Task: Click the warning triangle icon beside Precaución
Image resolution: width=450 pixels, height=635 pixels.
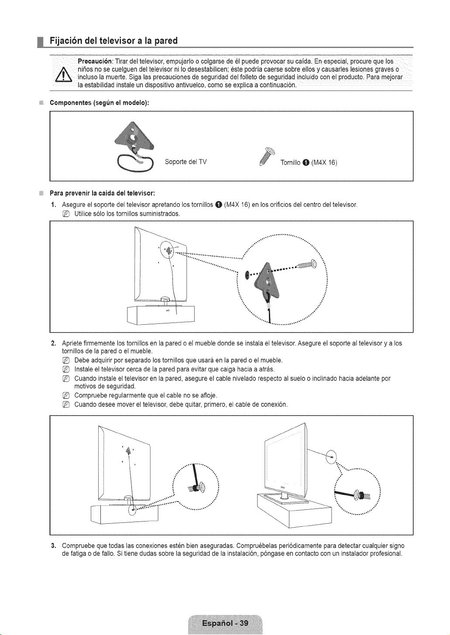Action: (x=66, y=74)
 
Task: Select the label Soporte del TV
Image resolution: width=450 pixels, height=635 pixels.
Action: (x=186, y=161)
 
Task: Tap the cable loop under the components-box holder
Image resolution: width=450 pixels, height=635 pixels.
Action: (x=135, y=163)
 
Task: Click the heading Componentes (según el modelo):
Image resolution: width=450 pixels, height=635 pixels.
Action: (x=100, y=103)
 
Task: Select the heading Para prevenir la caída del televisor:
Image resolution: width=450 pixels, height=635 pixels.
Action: (x=103, y=193)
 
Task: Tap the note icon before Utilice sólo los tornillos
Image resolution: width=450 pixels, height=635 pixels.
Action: (x=65, y=213)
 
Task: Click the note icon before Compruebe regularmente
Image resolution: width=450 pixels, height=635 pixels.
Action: (x=65, y=395)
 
